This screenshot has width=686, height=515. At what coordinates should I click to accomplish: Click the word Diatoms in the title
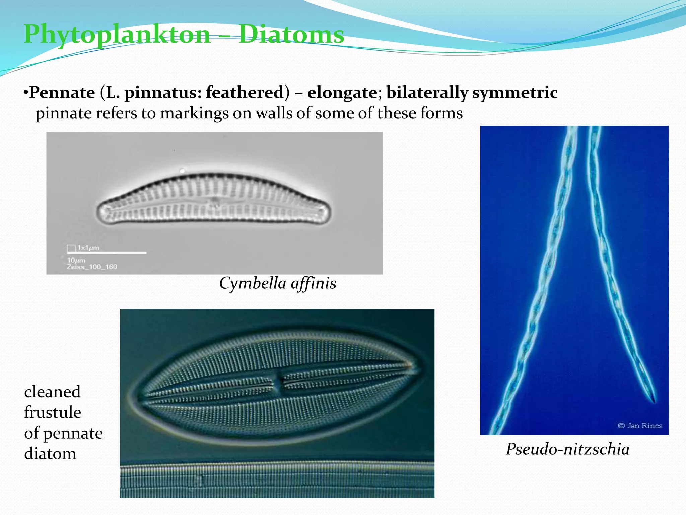[291, 34]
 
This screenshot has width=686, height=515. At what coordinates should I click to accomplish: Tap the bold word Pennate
[62, 92]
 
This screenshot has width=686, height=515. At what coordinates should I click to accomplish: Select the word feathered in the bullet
[245, 92]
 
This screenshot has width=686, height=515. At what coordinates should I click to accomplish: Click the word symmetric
[515, 93]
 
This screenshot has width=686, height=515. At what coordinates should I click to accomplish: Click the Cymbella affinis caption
[277, 283]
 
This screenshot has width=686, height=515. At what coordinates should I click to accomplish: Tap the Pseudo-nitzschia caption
[567, 449]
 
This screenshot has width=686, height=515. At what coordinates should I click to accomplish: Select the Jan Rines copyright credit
[640, 426]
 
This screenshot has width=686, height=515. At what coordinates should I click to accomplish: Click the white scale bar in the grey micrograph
[107, 253]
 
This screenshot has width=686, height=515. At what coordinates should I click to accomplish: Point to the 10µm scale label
[76, 260]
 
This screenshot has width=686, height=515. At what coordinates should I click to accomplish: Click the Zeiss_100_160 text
[92, 267]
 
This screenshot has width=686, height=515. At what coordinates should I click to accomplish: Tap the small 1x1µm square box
[71, 248]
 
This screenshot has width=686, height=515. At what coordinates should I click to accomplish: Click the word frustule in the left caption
[53, 412]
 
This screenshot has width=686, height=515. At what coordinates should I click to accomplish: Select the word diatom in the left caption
[50, 454]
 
